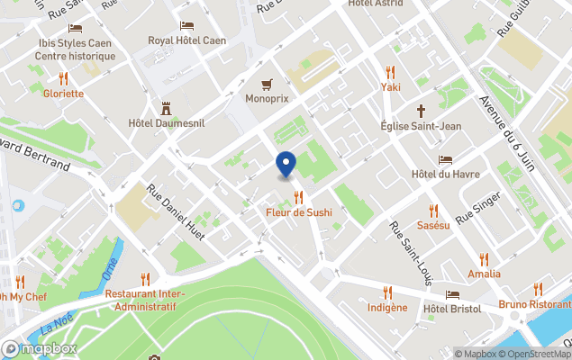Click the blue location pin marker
click(286, 165)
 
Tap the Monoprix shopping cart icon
click(267, 85)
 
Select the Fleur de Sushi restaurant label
click(298, 212)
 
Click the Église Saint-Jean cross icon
click(421, 112)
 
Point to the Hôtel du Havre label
click(445, 174)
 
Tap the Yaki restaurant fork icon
click(390, 72)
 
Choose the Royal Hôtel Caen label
click(187, 40)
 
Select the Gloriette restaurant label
click(63, 93)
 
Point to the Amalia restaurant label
click(484, 273)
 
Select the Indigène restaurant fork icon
click(388, 292)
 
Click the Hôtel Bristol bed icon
click(452, 293)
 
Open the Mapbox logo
click(41, 348)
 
